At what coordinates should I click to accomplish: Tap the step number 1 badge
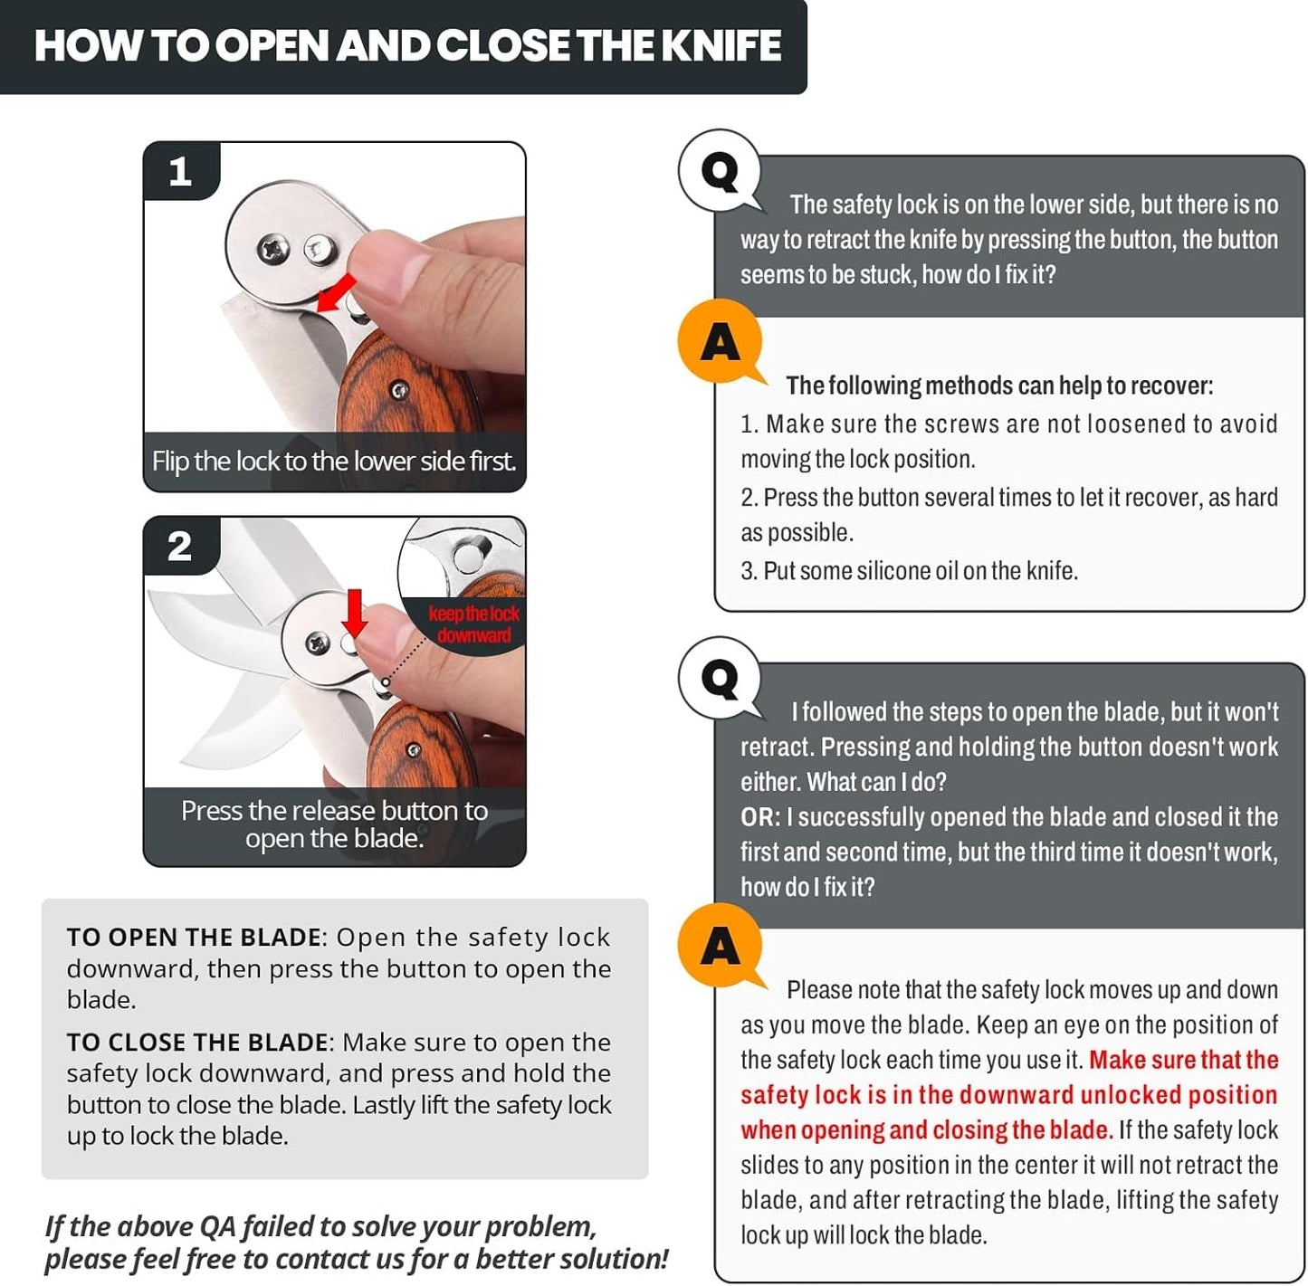pos(180,171)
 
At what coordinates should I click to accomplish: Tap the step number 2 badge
pos(179,546)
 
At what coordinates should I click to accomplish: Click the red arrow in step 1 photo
pos(338,292)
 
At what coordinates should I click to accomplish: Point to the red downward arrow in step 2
pos(355,613)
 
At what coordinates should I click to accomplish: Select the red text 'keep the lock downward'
pos(473,624)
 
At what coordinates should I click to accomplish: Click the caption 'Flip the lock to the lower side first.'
pos(334,462)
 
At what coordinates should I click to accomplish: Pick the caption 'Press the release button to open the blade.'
pos(334,824)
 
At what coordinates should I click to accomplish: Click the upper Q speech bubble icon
pos(721,171)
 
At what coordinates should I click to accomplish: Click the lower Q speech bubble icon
pos(721,678)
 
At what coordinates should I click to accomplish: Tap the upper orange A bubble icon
pos(720,342)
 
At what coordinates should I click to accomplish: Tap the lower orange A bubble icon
pos(720,946)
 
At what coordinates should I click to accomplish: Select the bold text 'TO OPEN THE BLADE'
pos(194,938)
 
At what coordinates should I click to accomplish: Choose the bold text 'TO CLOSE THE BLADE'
pos(197,1043)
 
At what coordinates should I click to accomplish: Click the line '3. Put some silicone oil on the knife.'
pos(909,571)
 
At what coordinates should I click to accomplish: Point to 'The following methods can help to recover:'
pos(999,386)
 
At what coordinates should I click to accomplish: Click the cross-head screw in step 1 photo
pos(272,249)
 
